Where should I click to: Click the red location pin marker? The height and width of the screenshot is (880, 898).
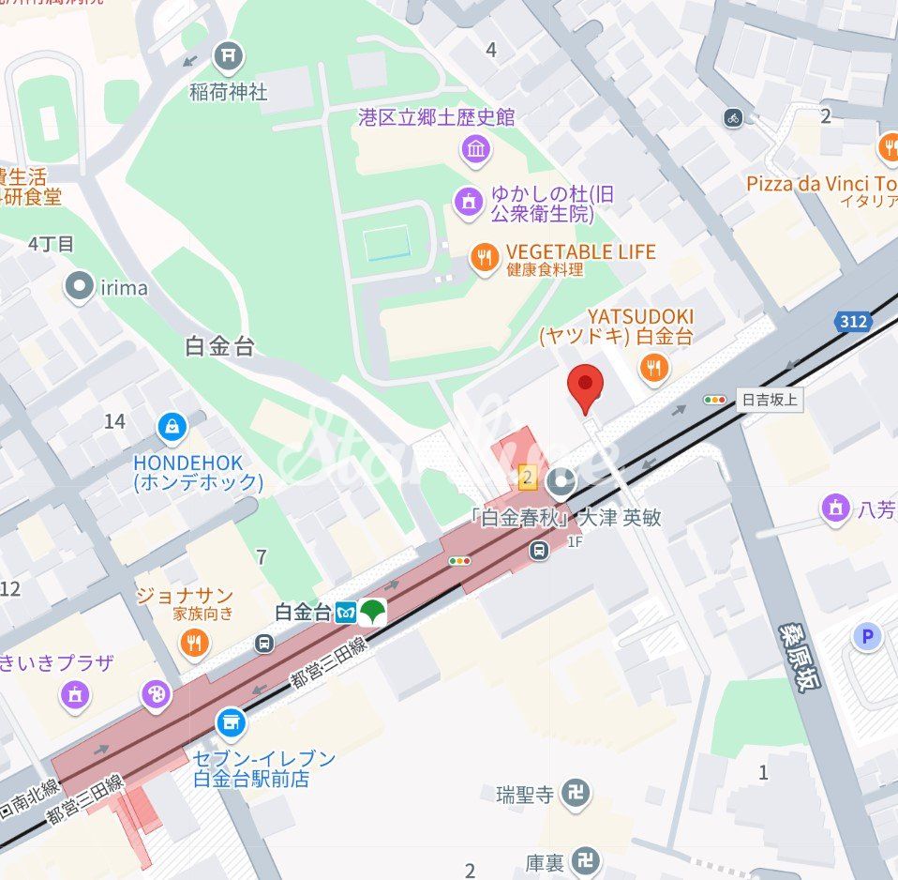click(x=586, y=387)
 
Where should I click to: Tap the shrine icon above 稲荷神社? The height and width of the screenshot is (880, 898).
click(x=227, y=58)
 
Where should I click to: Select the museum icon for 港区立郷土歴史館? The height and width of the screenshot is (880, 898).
click(x=476, y=148)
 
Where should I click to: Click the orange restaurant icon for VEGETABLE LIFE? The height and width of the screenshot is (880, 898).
click(x=484, y=258)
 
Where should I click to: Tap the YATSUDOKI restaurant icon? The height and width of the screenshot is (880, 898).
click(x=654, y=367)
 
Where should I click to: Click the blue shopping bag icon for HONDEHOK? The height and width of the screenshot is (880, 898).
click(x=172, y=429)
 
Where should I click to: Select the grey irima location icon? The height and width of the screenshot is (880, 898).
click(x=80, y=287)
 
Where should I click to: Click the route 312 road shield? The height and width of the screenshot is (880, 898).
click(x=855, y=322)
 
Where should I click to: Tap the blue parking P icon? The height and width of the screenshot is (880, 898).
click(x=867, y=638)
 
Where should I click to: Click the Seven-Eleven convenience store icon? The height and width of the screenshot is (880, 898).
click(x=230, y=722)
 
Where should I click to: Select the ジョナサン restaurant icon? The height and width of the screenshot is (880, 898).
click(x=195, y=643)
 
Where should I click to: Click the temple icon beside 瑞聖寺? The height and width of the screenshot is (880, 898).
click(x=575, y=796)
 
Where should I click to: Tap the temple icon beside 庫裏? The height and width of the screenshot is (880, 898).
click(x=586, y=859)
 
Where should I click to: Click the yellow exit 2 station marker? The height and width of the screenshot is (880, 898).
click(x=528, y=478)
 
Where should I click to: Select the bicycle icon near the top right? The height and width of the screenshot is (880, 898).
click(x=733, y=117)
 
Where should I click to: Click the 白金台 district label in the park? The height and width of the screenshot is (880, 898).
click(x=220, y=346)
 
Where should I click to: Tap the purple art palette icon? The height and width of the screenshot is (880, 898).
click(x=156, y=695)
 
